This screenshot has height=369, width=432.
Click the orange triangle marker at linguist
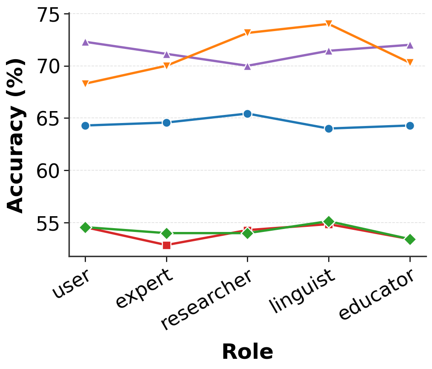click(x=329, y=23)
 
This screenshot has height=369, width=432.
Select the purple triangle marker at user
click(x=86, y=42)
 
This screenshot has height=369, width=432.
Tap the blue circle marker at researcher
click(x=247, y=114)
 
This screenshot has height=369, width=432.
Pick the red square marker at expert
click(x=166, y=245)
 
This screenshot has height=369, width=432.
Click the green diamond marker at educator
click(x=410, y=240)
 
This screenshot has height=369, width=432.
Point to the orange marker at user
click(x=86, y=83)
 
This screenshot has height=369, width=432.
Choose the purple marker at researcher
click(x=247, y=66)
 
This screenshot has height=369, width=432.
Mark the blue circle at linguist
click(x=329, y=129)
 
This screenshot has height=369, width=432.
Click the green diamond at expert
click(x=166, y=233)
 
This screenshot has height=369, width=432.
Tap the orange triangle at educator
click(x=410, y=62)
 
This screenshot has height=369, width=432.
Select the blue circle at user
click(x=86, y=126)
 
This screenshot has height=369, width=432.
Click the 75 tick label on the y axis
click(x=49, y=15)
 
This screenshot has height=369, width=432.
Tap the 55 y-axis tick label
click(x=49, y=224)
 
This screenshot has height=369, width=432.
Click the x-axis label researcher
click(x=206, y=300)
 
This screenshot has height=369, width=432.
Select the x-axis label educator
click(x=376, y=295)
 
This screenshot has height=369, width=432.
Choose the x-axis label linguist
click(x=303, y=291)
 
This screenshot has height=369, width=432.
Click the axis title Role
click(x=247, y=352)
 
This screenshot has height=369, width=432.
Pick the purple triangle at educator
click(x=410, y=45)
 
